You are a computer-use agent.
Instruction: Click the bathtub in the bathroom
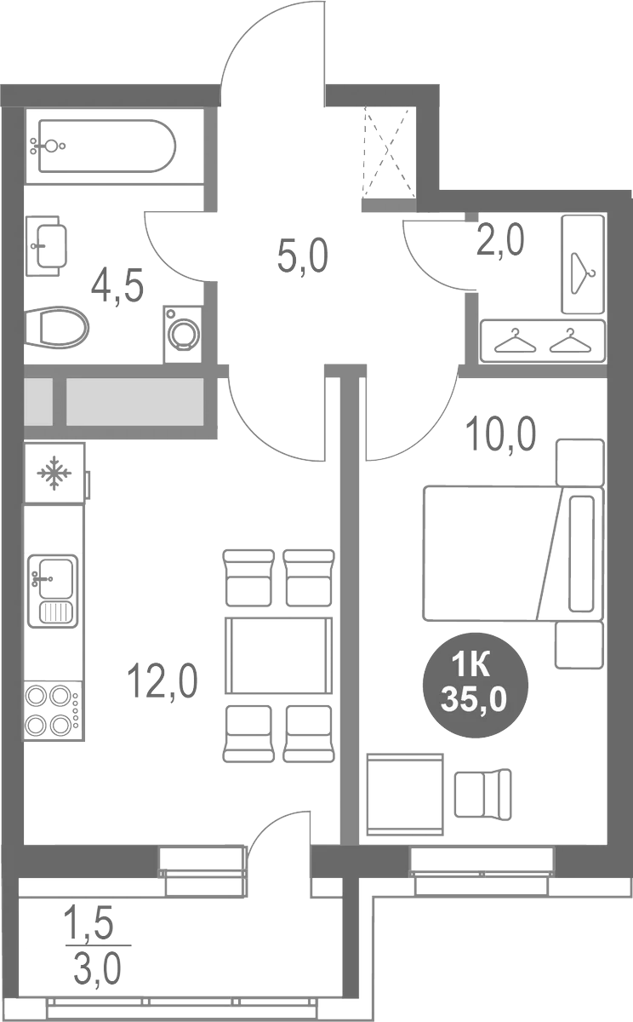coord(104,146)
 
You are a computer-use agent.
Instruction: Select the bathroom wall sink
coord(48,245)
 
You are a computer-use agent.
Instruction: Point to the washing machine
coord(181,335)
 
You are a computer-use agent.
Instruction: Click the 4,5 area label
coord(117,284)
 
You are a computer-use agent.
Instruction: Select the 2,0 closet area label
coord(499,240)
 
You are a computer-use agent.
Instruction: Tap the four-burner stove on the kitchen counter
coord(52,710)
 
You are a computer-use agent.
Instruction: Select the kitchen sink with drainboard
coord(53,591)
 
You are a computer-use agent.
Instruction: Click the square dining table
coord(277,656)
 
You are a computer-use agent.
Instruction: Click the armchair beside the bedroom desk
coord(483,792)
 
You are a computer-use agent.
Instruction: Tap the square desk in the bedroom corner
coord(405,794)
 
